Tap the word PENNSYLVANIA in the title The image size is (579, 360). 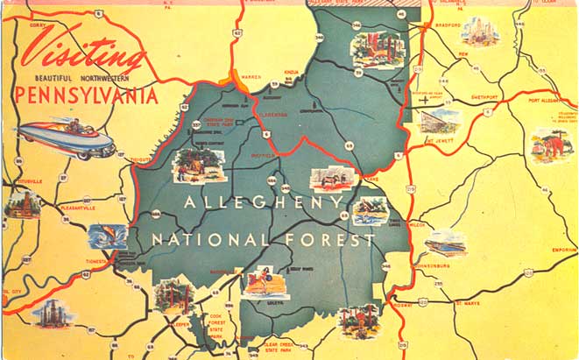click(86, 95)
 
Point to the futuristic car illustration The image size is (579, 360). click(66, 138)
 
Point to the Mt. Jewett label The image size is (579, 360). click(443, 139)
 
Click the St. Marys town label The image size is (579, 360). click(468, 304)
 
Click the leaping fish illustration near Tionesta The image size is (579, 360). click(107, 236)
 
